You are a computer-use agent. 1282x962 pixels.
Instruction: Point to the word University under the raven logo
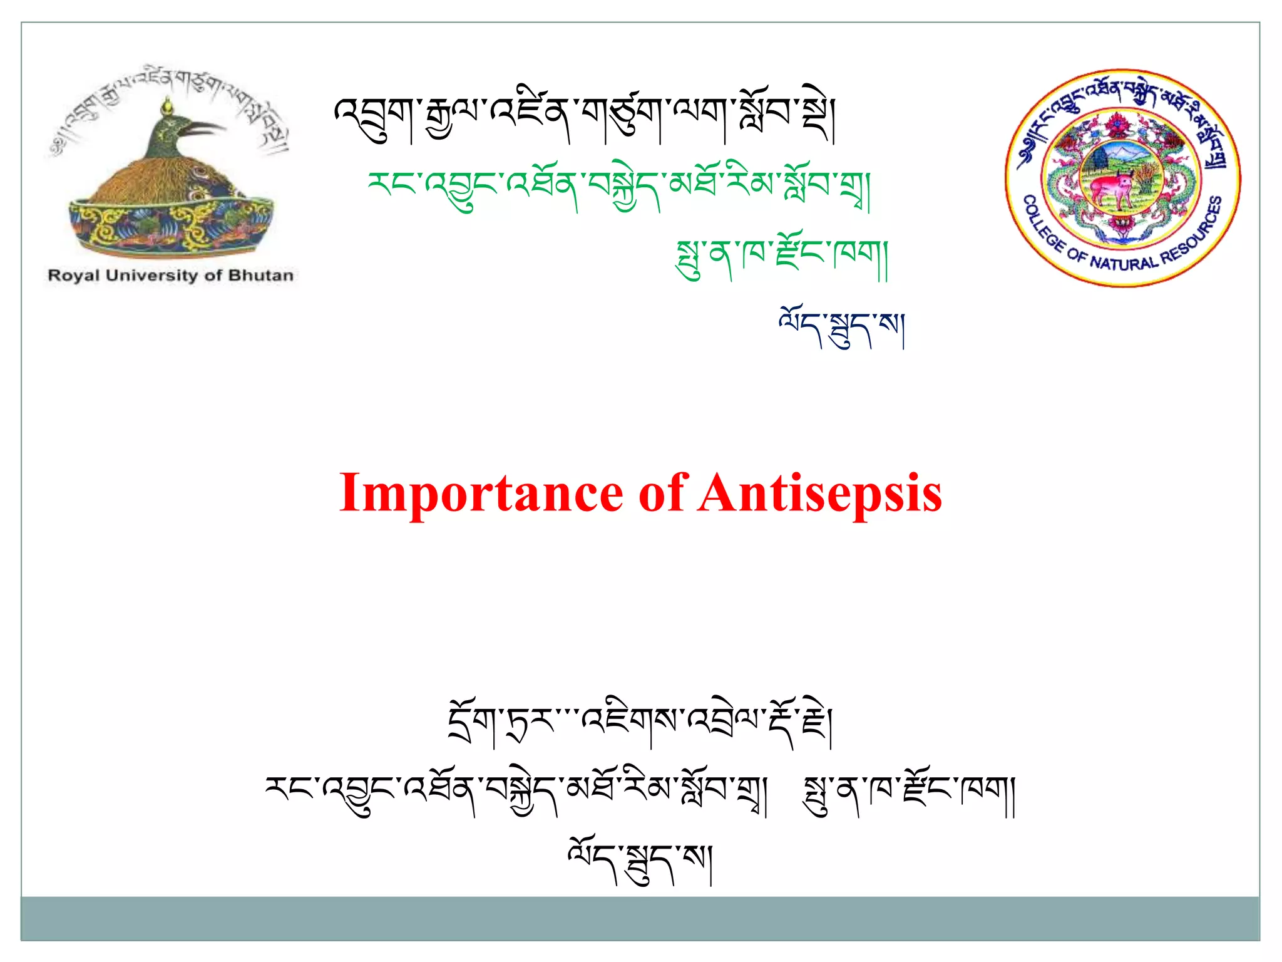tap(151, 275)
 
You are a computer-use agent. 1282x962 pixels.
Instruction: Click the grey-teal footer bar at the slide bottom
tap(640, 918)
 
